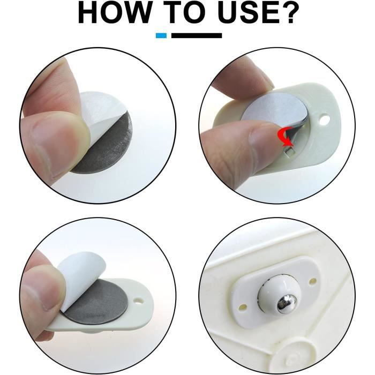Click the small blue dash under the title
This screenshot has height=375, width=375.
pyautogui.click(x=161, y=35)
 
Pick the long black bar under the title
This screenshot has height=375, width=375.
pyautogui.click(x=197, y=35)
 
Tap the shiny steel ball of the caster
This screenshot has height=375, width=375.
pyautogui.click(x=283, y=304)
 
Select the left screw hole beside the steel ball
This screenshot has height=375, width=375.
pyautogui.click(x=243, y=307)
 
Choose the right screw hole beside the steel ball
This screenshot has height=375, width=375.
pyautogui.click(x=313, y=281)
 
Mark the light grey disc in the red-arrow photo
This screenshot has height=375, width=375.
pyautogui.click(x=268, y=112)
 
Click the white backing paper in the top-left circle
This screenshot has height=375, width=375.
pyautogui.click(x=102, y=104)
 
